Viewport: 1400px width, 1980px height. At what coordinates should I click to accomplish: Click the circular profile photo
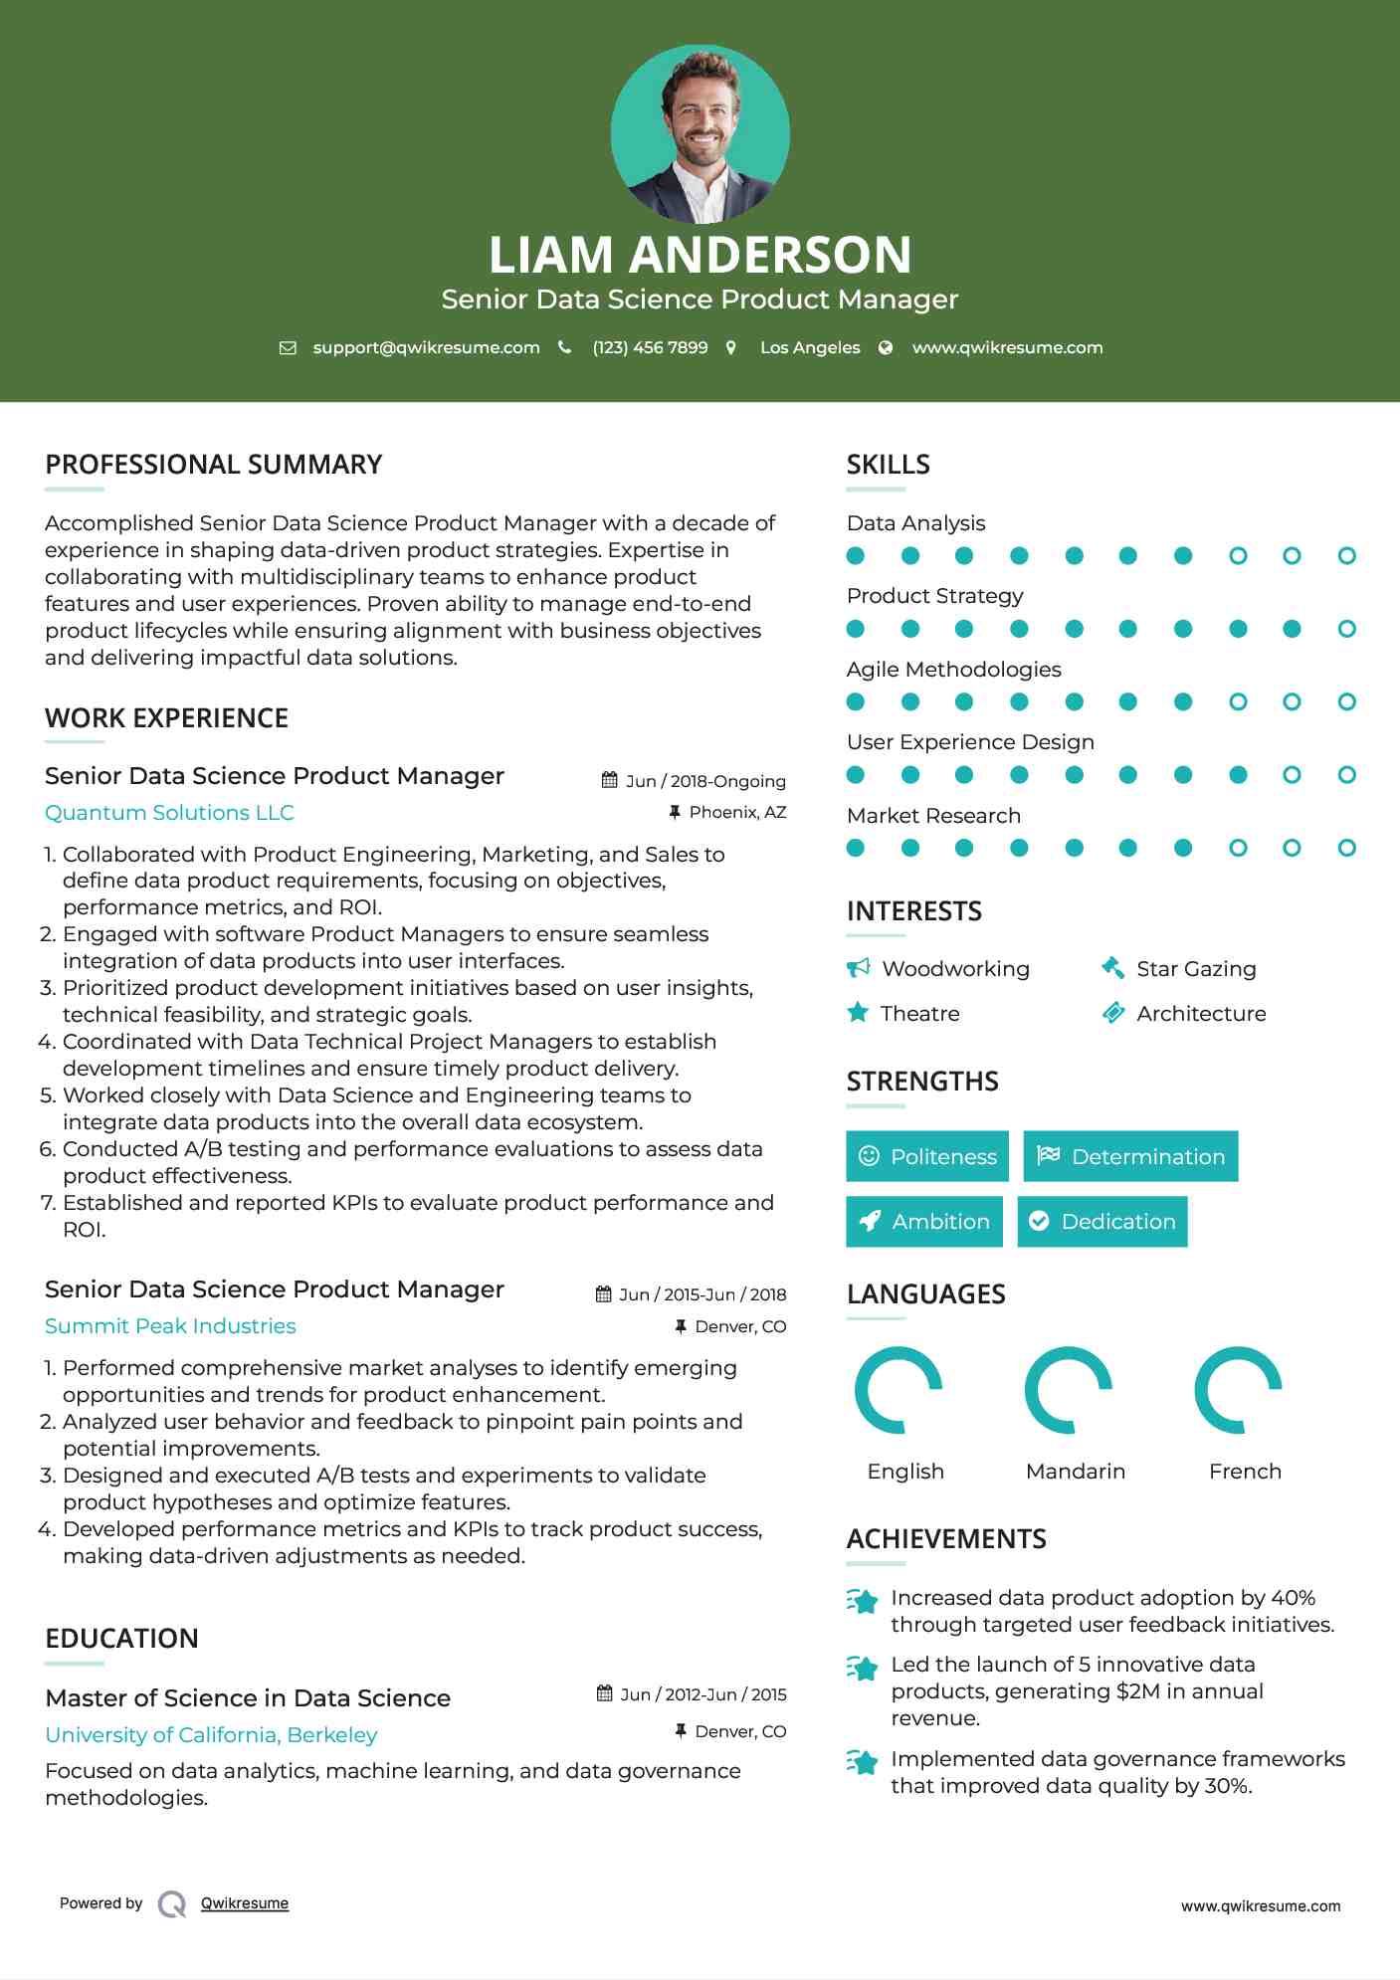tap(700, 133)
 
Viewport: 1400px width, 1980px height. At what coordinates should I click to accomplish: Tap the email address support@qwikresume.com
tap(426, 347)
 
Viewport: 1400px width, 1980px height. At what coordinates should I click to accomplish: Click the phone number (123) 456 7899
tap(650, 347)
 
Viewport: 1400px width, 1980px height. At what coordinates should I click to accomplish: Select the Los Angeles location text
tap(809, 347)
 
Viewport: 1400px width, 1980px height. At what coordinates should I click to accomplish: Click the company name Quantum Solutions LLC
tap(169, 813)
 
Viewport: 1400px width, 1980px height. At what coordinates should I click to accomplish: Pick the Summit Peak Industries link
tap(170, 1326)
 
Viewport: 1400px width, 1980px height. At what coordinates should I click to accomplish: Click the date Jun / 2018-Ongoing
tap(704, 781)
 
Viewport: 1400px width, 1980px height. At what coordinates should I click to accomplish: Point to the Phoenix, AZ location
tap(737, 812)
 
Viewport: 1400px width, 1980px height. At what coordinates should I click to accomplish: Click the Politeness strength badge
tap(926, 1156)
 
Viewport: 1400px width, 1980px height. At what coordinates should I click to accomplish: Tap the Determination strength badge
tap(1130, 1156)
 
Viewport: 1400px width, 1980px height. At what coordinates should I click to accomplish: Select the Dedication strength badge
tap(1101, 1221)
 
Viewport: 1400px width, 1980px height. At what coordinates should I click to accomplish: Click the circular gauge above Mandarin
tap(1069, 1390)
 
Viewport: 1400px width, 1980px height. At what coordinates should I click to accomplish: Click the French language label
tap(1245, 1471)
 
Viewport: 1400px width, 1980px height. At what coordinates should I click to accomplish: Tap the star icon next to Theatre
tap(858, 1013)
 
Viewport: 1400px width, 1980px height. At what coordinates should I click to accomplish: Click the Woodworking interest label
tap(955, 968)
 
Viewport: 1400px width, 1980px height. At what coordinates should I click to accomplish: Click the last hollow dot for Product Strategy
tap(1346, 629)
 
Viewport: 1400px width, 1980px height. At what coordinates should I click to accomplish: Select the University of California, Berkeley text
tap(211, 1734)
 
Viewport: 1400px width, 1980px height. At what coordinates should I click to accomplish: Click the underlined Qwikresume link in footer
tap(245, 1903)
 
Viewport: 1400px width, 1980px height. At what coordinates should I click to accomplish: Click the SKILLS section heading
tap(888, 465)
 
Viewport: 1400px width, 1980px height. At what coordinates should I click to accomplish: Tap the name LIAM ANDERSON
tap(700, 255)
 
